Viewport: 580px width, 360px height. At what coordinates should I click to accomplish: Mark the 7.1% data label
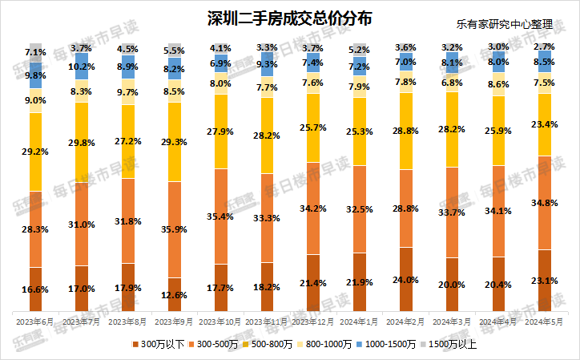35,52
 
